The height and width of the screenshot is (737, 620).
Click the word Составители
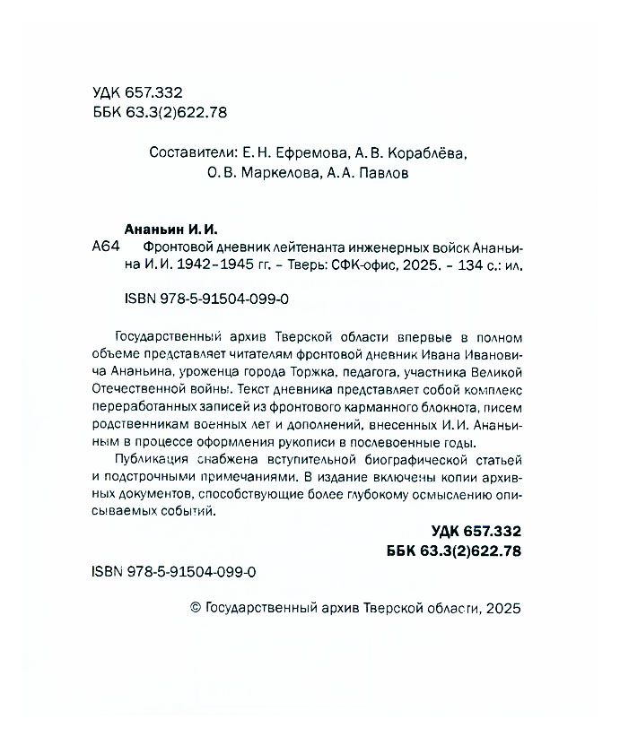pos(188,152)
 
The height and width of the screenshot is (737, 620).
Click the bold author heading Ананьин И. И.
pos(169,230)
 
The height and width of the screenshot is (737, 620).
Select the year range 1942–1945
pos(213,265)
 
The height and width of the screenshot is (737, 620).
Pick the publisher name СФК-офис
pos(353,265)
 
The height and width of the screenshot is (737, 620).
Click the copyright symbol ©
pos(197,607)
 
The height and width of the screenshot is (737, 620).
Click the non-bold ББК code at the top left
pos(158,110)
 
